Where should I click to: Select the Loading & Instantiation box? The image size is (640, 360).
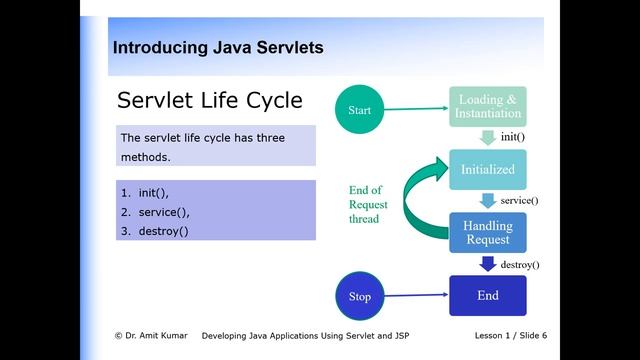[488, 107]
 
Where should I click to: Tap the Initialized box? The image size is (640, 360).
[488, 169]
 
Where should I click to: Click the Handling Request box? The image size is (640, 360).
[488, 232]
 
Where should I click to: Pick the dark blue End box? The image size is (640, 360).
[488, 296]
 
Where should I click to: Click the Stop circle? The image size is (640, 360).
[359, 296]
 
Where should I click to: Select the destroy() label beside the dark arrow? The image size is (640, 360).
[520, 264]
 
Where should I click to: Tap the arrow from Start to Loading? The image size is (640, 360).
[416, 108]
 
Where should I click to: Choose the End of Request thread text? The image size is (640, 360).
[367, 204]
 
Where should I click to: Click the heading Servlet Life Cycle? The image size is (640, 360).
[210, 101]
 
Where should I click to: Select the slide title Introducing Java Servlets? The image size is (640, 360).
[217, 47]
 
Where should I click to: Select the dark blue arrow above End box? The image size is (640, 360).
[488, 264]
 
